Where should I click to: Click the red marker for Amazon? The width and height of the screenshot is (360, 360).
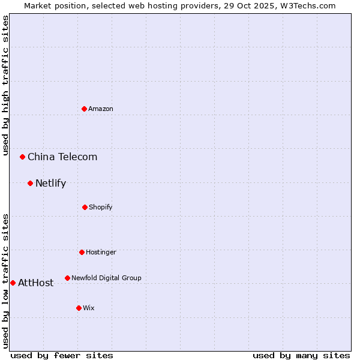point(84,109)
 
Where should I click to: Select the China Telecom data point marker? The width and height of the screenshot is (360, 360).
point(23,157)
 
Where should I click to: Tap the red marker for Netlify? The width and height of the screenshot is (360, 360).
point(30,183)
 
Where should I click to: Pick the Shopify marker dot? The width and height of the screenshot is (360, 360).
point(85,207)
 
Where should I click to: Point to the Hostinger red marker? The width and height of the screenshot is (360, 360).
point(82,252)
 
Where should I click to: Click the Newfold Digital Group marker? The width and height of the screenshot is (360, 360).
point(67,278)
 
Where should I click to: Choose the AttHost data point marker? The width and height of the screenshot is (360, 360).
point(13,283)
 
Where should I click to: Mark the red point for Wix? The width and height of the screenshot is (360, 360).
point(79,308)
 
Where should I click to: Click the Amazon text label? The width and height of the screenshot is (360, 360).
point(101,109)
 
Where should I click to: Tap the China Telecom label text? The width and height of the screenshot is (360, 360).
point(62,157)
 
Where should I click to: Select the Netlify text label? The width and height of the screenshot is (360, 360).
point(50,184)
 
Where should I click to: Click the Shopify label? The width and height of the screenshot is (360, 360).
point(101,207)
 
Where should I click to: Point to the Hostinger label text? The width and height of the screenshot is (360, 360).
point(101,252)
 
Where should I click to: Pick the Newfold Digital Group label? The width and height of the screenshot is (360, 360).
point(106,278)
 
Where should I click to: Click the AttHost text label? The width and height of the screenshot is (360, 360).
point(35,283)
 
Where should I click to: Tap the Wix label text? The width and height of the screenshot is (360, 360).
point(89,308)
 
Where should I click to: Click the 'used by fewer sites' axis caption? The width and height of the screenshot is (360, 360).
point(62,355)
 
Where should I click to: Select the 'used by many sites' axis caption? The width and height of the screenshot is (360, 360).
point(301,355)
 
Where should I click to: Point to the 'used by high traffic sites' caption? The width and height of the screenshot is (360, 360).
point(6,85)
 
